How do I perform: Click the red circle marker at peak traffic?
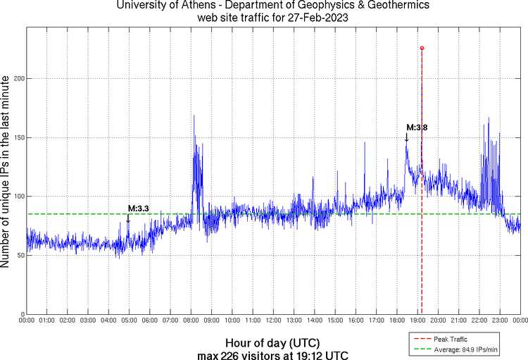422,48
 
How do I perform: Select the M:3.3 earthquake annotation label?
139,209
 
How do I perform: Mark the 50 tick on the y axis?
20,255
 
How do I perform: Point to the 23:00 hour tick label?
500,321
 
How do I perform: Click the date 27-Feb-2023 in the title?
318,18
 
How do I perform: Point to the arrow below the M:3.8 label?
406,137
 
